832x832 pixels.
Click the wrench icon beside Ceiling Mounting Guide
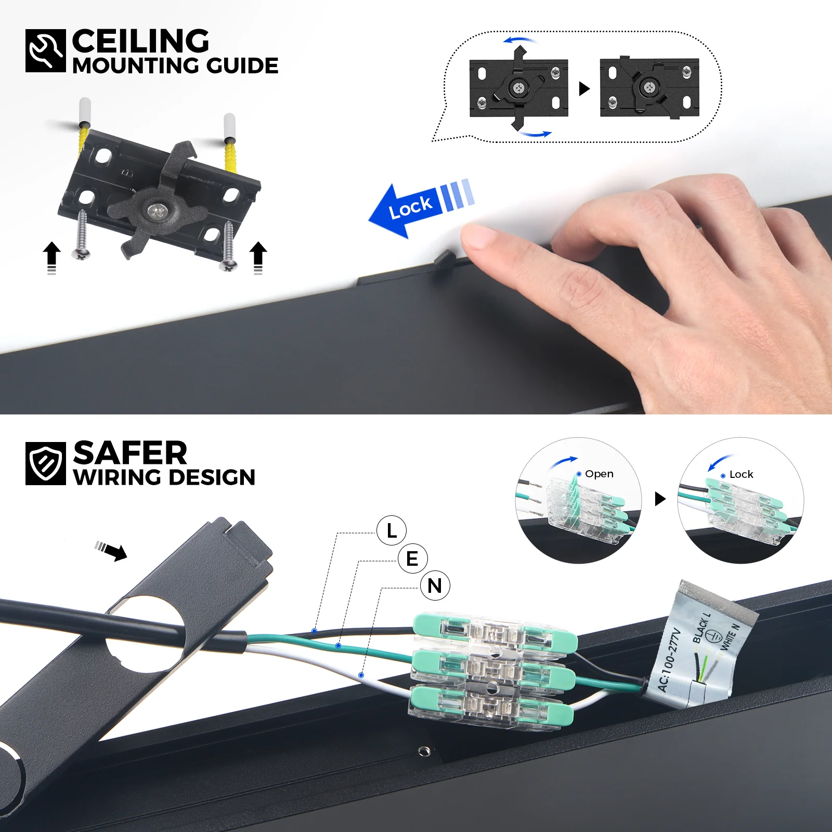tap(46, 50)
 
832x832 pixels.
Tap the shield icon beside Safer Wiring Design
tap(46, 463)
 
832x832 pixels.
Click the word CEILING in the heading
tap(140, 41)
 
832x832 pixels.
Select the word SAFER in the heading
tap(130, 453)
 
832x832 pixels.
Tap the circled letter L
tap(392, 530)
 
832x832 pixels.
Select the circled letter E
tap(412, 558)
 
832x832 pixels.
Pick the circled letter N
tap(435, 586)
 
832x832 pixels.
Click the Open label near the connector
tap(599, 474)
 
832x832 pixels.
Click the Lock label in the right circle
tap(741, 474)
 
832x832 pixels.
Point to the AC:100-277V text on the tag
tap(669, 660)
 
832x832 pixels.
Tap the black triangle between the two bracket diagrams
tap(584, 88)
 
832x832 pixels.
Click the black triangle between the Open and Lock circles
tap(660, 499)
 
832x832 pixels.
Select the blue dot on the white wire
tap(361, 675)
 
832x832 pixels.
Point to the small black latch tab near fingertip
tap(444, 258)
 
